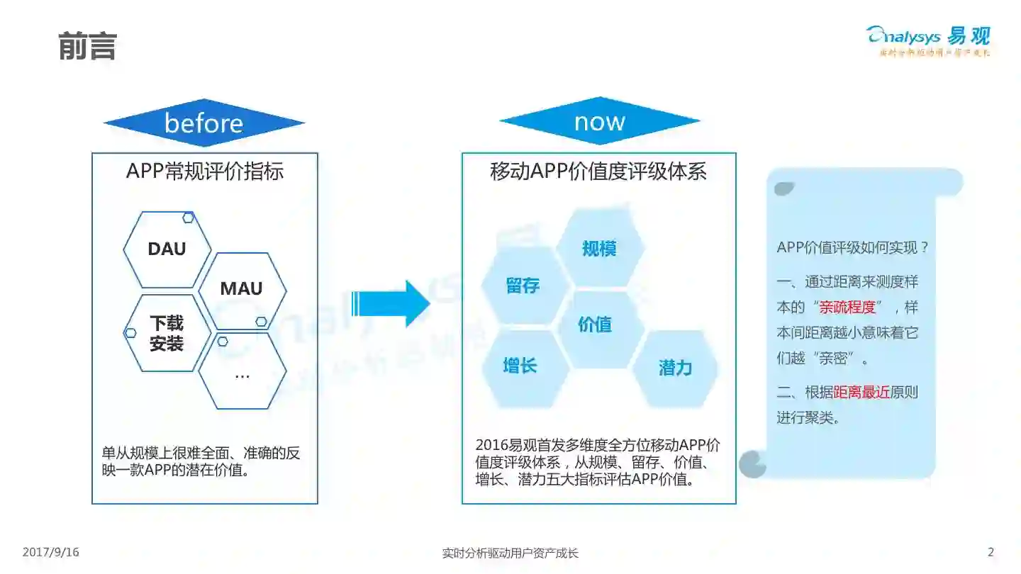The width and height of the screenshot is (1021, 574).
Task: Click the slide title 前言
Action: [x=87, y=46]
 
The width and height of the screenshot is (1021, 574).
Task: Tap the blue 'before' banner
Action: [x=203, y=123]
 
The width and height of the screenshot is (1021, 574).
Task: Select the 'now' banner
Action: [x=599, y=121]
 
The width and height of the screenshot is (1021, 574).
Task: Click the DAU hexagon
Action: [x=167, y=249]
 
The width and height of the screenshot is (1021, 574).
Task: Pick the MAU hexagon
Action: [x=241, y=289]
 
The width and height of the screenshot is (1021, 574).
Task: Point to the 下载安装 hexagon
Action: [x=167, y=334]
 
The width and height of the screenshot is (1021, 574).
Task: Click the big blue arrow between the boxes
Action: [x=391, y=303]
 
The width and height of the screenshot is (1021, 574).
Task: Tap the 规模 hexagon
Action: [x=599, y=249]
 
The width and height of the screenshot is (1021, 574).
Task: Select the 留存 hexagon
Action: [x=523, y=286]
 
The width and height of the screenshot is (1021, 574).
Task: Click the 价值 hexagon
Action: [x=595, y=325]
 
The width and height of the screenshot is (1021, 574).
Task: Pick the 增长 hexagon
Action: [x=520, y=366]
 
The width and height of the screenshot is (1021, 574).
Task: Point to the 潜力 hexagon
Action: [x=675, y=368]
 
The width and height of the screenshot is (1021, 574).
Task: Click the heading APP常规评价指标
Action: [x=204, y=171]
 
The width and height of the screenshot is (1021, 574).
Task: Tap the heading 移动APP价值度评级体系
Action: [x=598, y=171]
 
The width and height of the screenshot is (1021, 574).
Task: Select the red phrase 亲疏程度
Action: [x=847, y=307]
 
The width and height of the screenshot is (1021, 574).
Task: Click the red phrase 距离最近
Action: [x=861, y=392]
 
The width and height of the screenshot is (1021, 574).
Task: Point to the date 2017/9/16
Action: [x=51, y=552]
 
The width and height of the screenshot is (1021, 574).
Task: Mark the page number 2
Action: [x=991, y=552]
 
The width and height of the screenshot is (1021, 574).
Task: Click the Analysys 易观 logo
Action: [x=928, y=39]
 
